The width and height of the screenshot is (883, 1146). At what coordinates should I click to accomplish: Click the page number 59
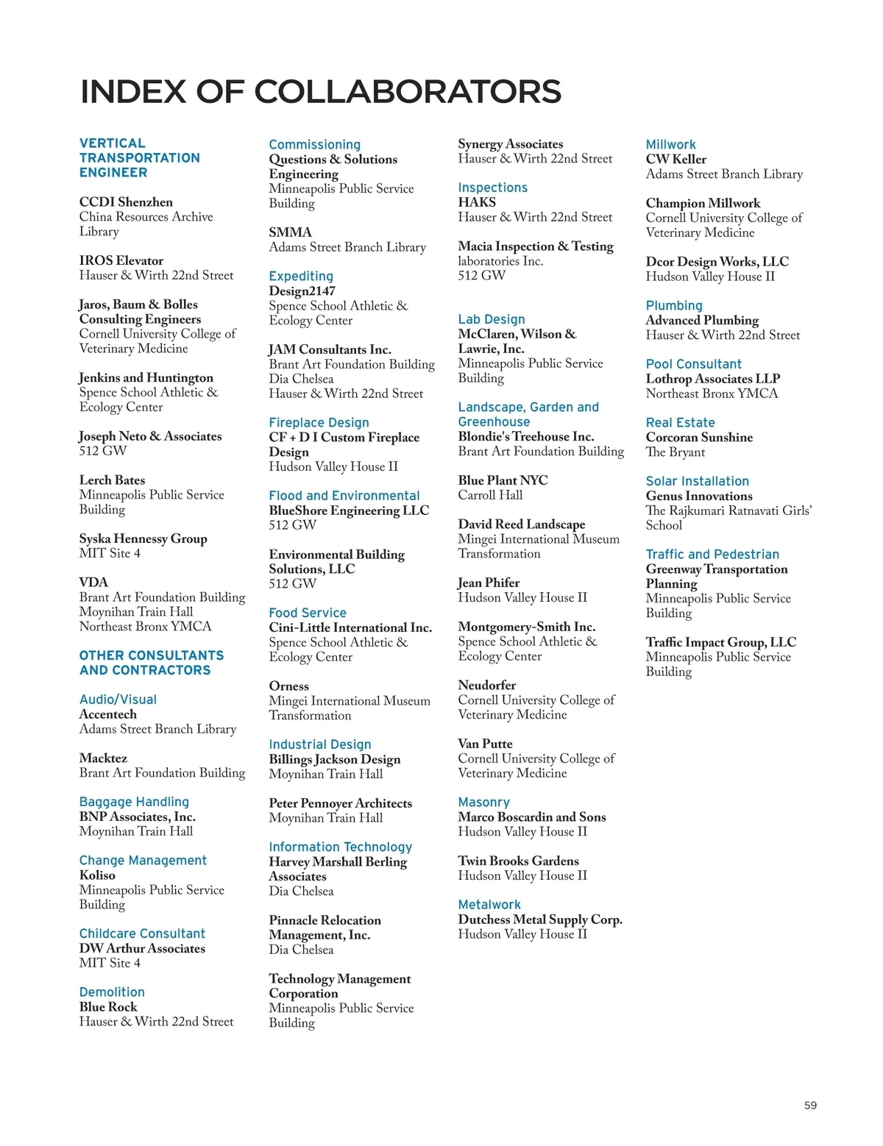click(810, 1105)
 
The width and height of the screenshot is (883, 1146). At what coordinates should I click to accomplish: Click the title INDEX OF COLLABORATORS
click(320, 92)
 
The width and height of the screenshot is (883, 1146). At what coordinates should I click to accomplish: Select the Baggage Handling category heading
click(134, 802)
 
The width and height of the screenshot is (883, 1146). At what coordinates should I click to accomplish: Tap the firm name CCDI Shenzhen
click(126, 202)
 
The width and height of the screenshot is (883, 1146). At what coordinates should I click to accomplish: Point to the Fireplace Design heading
click(319, 422)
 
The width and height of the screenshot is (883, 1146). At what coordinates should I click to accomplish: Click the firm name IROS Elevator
click(121, 260)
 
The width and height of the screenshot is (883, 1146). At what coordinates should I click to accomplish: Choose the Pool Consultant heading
click(693, 364)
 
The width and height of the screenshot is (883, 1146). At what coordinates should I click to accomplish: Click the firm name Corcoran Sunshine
click(699, 437)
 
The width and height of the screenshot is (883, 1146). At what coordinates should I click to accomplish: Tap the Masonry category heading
click(483, 802)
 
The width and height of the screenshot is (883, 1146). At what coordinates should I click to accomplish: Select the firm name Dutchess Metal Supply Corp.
click(540, 919)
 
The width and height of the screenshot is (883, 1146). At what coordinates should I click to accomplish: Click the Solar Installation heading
click(697, 481)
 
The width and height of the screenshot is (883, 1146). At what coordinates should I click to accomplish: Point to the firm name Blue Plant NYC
click(503, 480)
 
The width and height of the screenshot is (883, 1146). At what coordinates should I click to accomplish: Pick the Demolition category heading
click(112, 992)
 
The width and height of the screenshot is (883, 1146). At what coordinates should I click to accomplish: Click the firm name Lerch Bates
click(112, 480)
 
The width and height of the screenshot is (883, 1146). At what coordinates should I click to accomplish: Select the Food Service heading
click(308, 613)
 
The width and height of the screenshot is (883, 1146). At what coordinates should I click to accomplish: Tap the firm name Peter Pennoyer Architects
click(340, 803)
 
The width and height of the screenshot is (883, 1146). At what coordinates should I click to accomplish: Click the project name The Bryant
click(675, 452)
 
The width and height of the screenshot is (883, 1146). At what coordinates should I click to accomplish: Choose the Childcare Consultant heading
click(142, 933)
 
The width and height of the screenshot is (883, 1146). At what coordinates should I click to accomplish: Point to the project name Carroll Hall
click(490, 495)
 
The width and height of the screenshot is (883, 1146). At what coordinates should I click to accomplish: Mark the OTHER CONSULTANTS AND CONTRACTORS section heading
click(152, 663)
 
